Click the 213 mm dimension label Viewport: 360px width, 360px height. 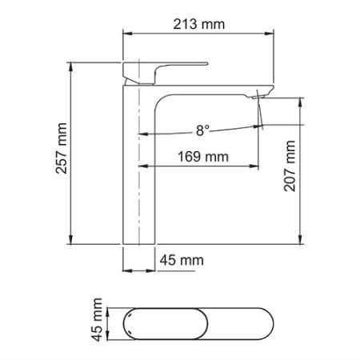tap(199, 24)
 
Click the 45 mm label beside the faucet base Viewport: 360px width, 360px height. tap(182, 260)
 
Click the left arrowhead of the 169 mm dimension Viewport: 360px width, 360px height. tap(143, 166)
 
